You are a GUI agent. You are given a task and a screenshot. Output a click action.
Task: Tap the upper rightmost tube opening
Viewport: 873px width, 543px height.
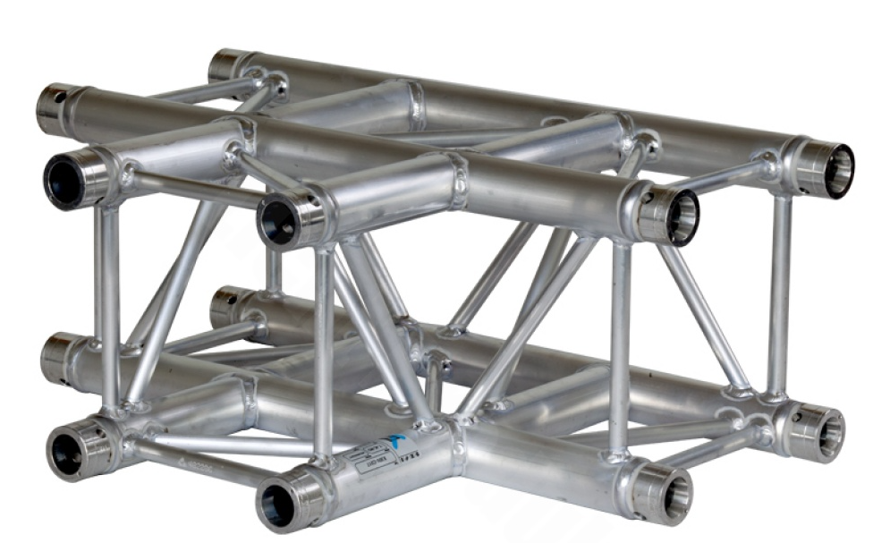[838, 170]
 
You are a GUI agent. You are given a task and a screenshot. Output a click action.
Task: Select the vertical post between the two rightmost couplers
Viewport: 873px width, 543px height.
[779, 295]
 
